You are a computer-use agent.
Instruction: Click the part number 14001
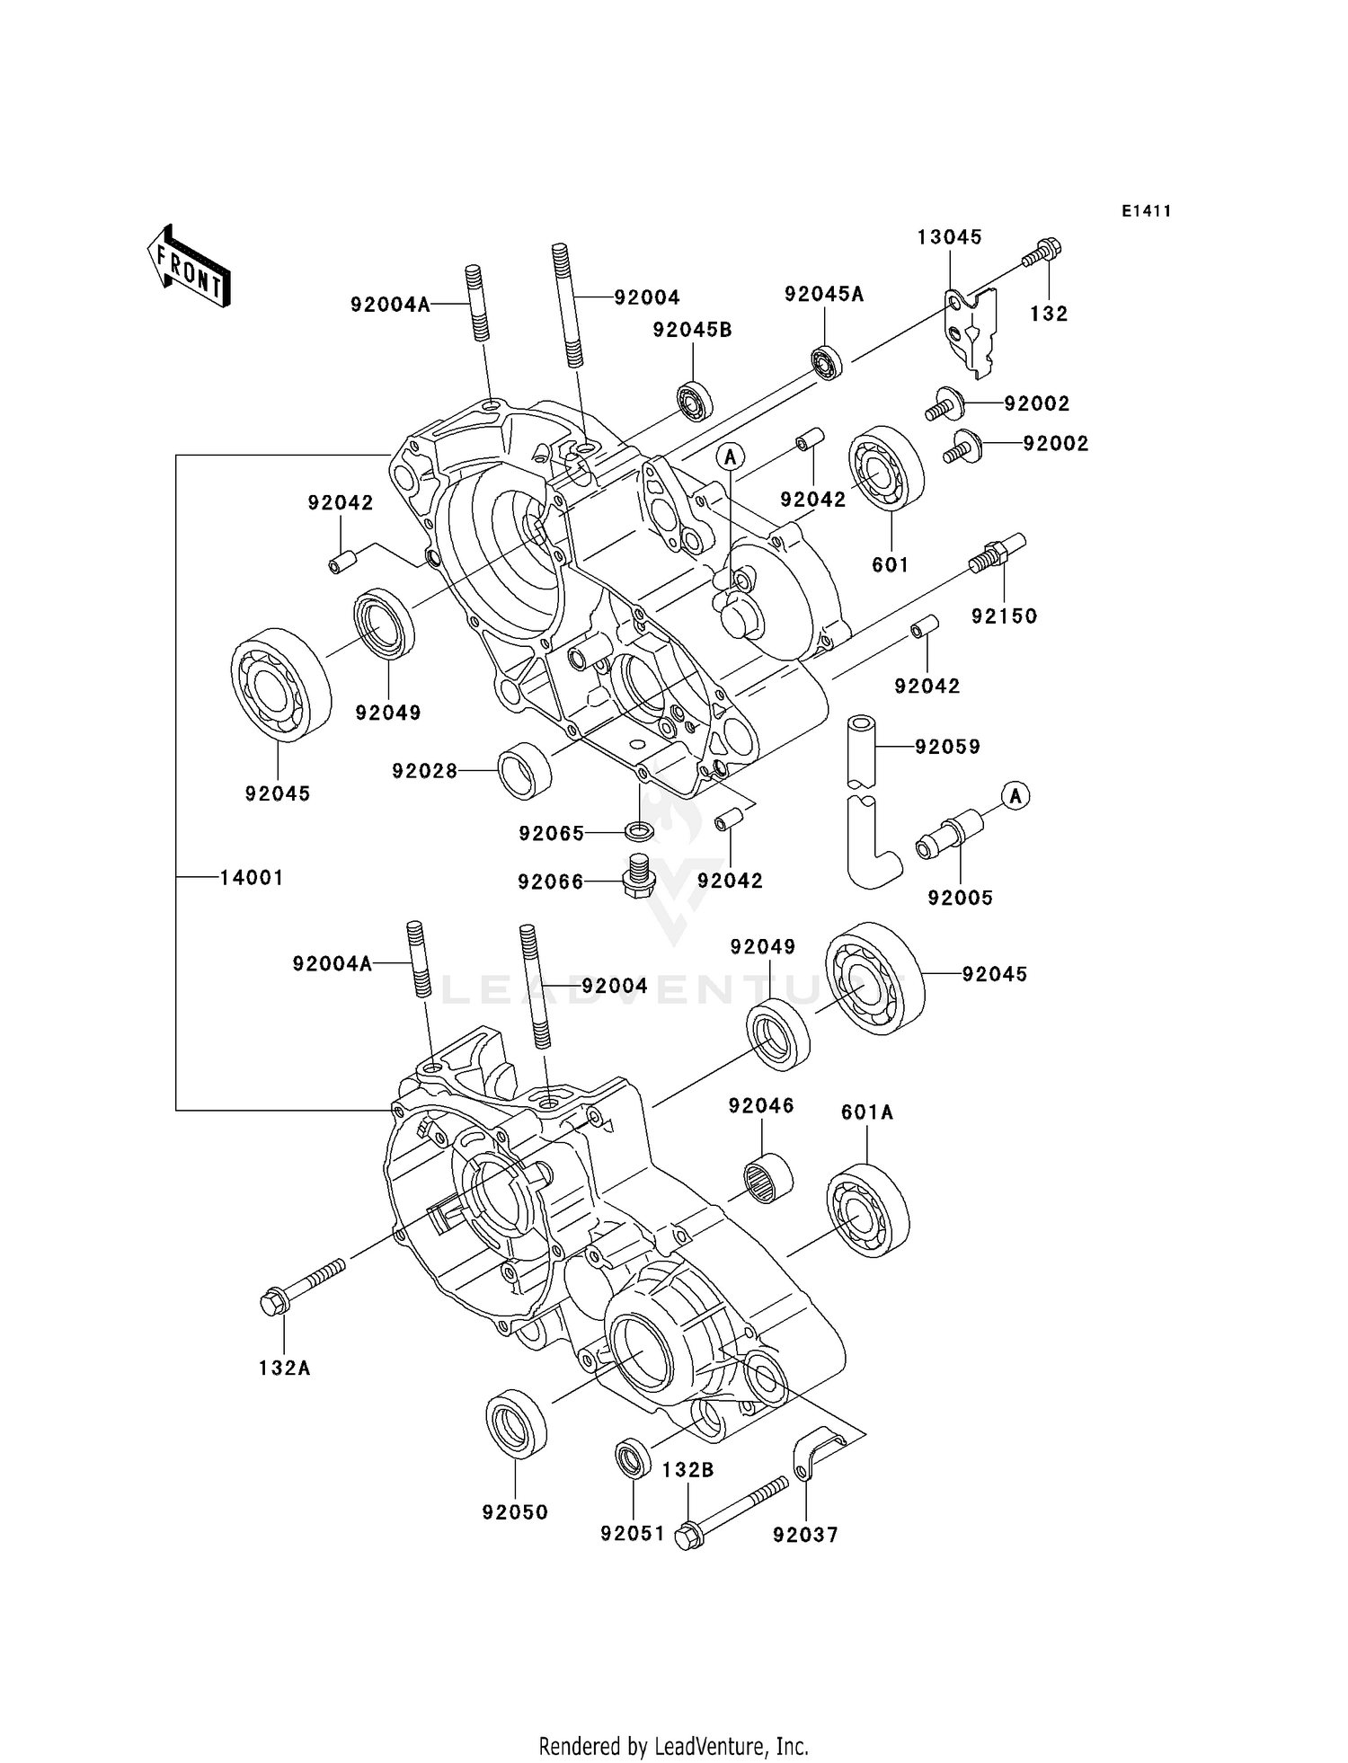point(252,878)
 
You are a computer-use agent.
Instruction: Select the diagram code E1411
point(1146,211)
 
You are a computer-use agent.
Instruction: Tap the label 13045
point(949,237)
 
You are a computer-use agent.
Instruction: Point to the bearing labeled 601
point(886,473)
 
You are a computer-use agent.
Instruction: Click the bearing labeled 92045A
point(826,362)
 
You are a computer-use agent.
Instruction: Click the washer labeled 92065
point(638,829)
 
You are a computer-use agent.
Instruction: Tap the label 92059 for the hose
point(947,747)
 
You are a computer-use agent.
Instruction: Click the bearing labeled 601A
point(867,1209)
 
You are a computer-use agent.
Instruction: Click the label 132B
point(687,1470)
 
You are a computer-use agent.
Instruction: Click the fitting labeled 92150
point(997,553)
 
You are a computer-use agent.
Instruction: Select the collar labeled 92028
point(526,771)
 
